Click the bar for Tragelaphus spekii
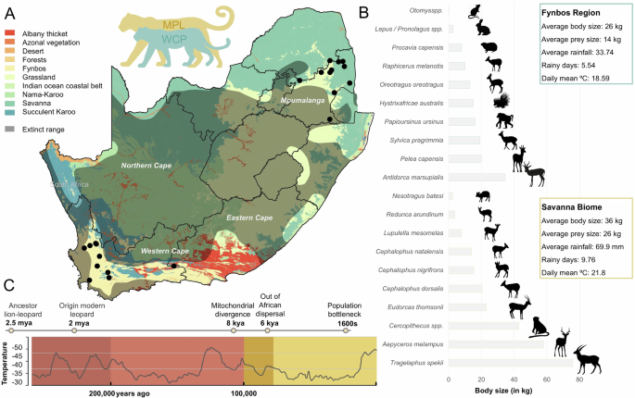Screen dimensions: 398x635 pos(500,364)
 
